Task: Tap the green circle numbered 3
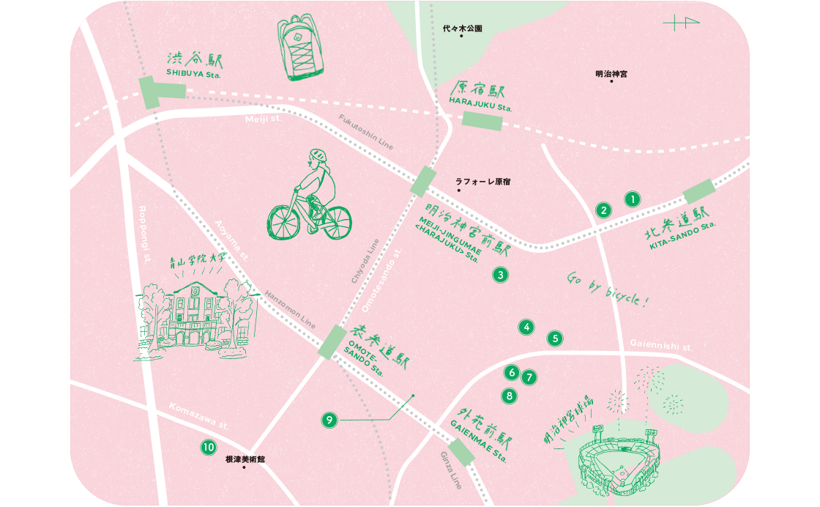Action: tap(500, 275)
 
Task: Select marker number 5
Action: tap(556, 338)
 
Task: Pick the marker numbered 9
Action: tap(329, 420)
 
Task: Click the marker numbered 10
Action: tap(209, 446)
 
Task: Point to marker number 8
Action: tap(509, 396)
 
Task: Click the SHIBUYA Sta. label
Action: tap(193, 73)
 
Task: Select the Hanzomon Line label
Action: tap(291, 306)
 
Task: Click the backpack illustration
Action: tap(301, 48)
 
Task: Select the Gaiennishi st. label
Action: tap(660, 345)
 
